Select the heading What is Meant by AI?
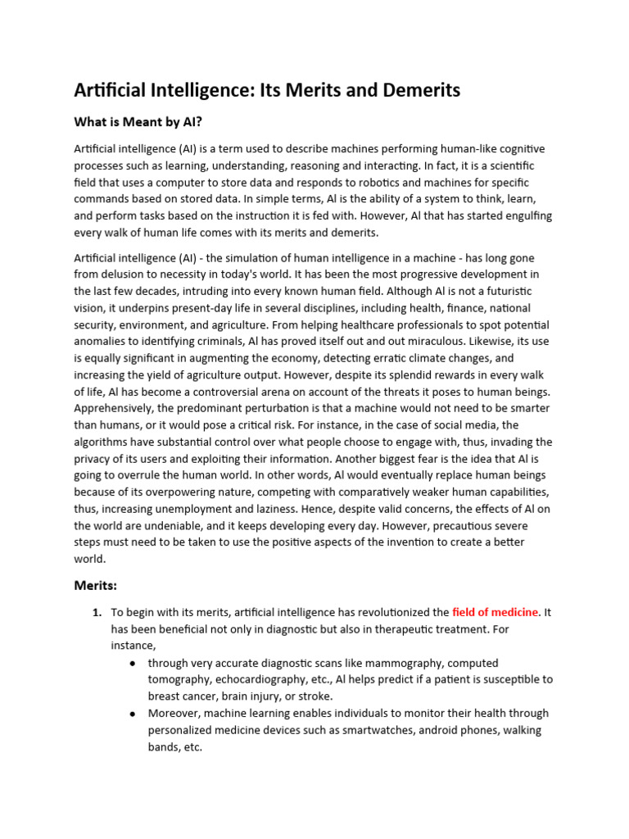pyautogui.click(x=138, y=122)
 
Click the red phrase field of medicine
pyautogui.click(x=495, y=612)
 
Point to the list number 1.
pyautogui.click(x=96, y=612)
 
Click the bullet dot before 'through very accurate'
pyautogui.click(x=133, y=663)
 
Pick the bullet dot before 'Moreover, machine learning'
pyautogui.click(x=133, y=714)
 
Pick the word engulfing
pyautogui.click(x=520, y=216)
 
